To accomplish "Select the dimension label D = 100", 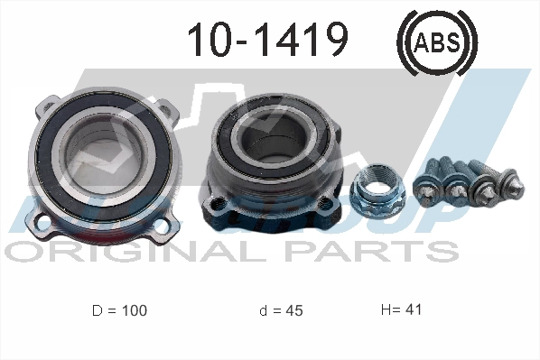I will (118, 310).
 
